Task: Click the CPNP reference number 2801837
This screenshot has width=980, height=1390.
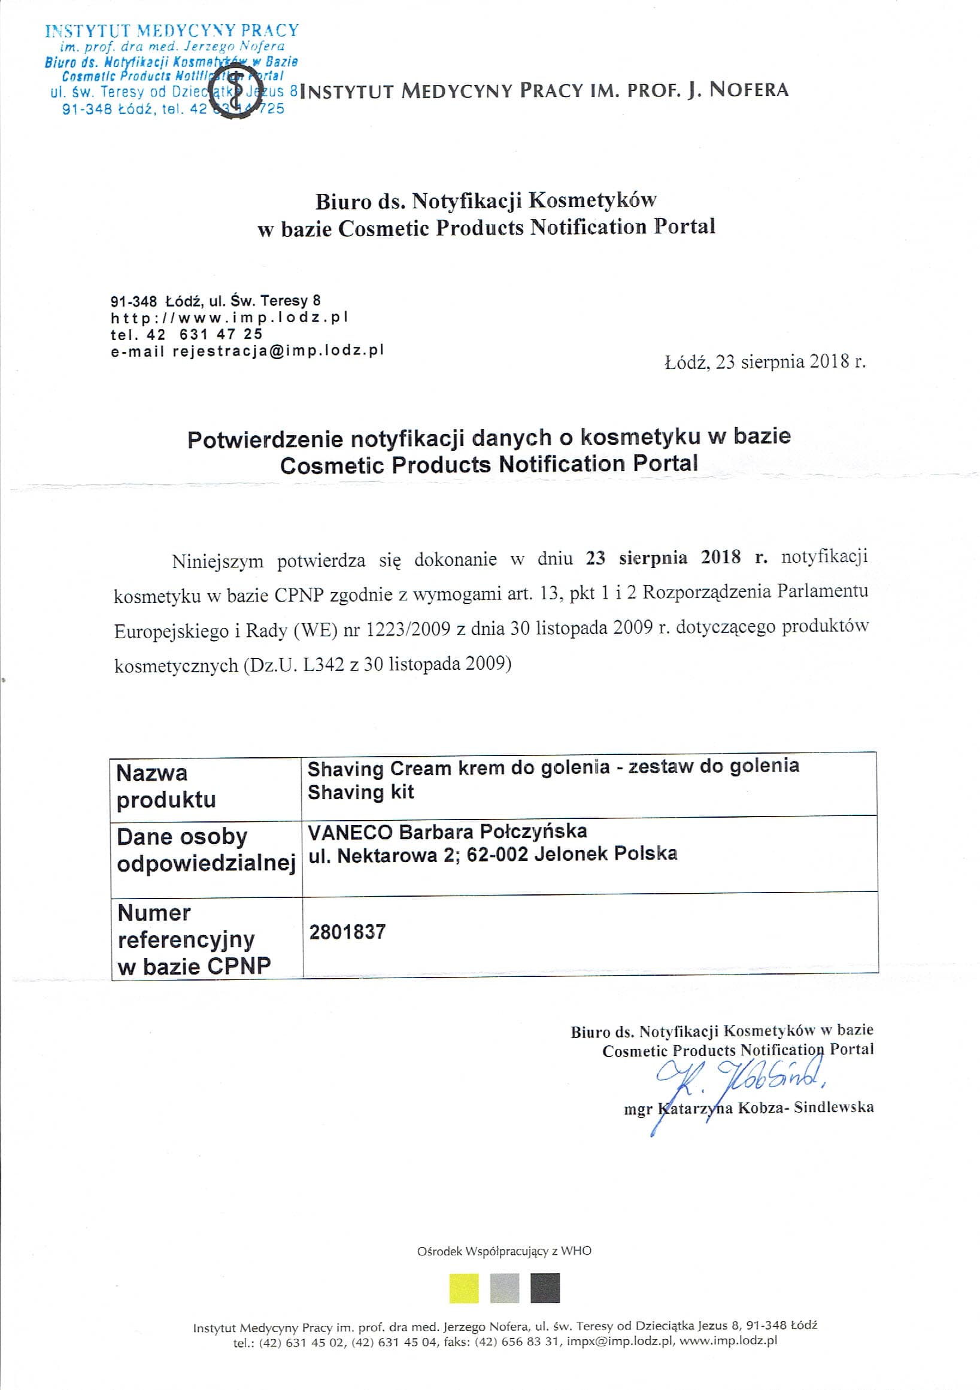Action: [347, 931]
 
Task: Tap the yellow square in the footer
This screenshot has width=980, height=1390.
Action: [464, 1288]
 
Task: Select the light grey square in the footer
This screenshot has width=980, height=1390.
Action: [504, 1288]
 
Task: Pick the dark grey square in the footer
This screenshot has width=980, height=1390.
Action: [545, 1288]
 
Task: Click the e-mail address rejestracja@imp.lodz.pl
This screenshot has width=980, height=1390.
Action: [278, 351]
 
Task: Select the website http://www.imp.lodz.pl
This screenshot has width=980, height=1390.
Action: [229, 317]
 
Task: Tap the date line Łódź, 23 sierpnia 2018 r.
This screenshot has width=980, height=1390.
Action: [765, 362]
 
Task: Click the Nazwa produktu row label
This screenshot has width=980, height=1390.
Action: [166, 787]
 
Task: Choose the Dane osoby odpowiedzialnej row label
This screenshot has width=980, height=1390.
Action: [206, 850]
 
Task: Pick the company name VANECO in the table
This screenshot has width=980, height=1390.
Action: [350, 833]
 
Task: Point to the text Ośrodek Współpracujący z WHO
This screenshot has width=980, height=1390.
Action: [503, 1251]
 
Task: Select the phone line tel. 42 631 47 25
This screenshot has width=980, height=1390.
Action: [186, 334]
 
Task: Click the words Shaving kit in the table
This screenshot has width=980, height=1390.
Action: [361, 793]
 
